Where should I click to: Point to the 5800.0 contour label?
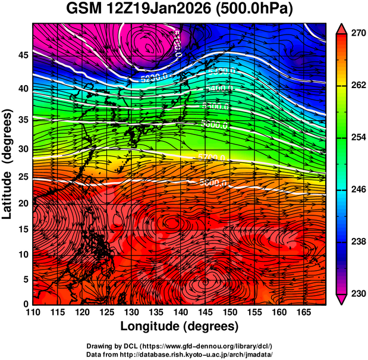(214, 183)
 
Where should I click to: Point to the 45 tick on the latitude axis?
(21, 55)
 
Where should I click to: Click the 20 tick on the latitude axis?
(21, 204)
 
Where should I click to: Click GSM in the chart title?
(83, 10)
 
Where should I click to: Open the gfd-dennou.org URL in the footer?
(207, 346)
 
